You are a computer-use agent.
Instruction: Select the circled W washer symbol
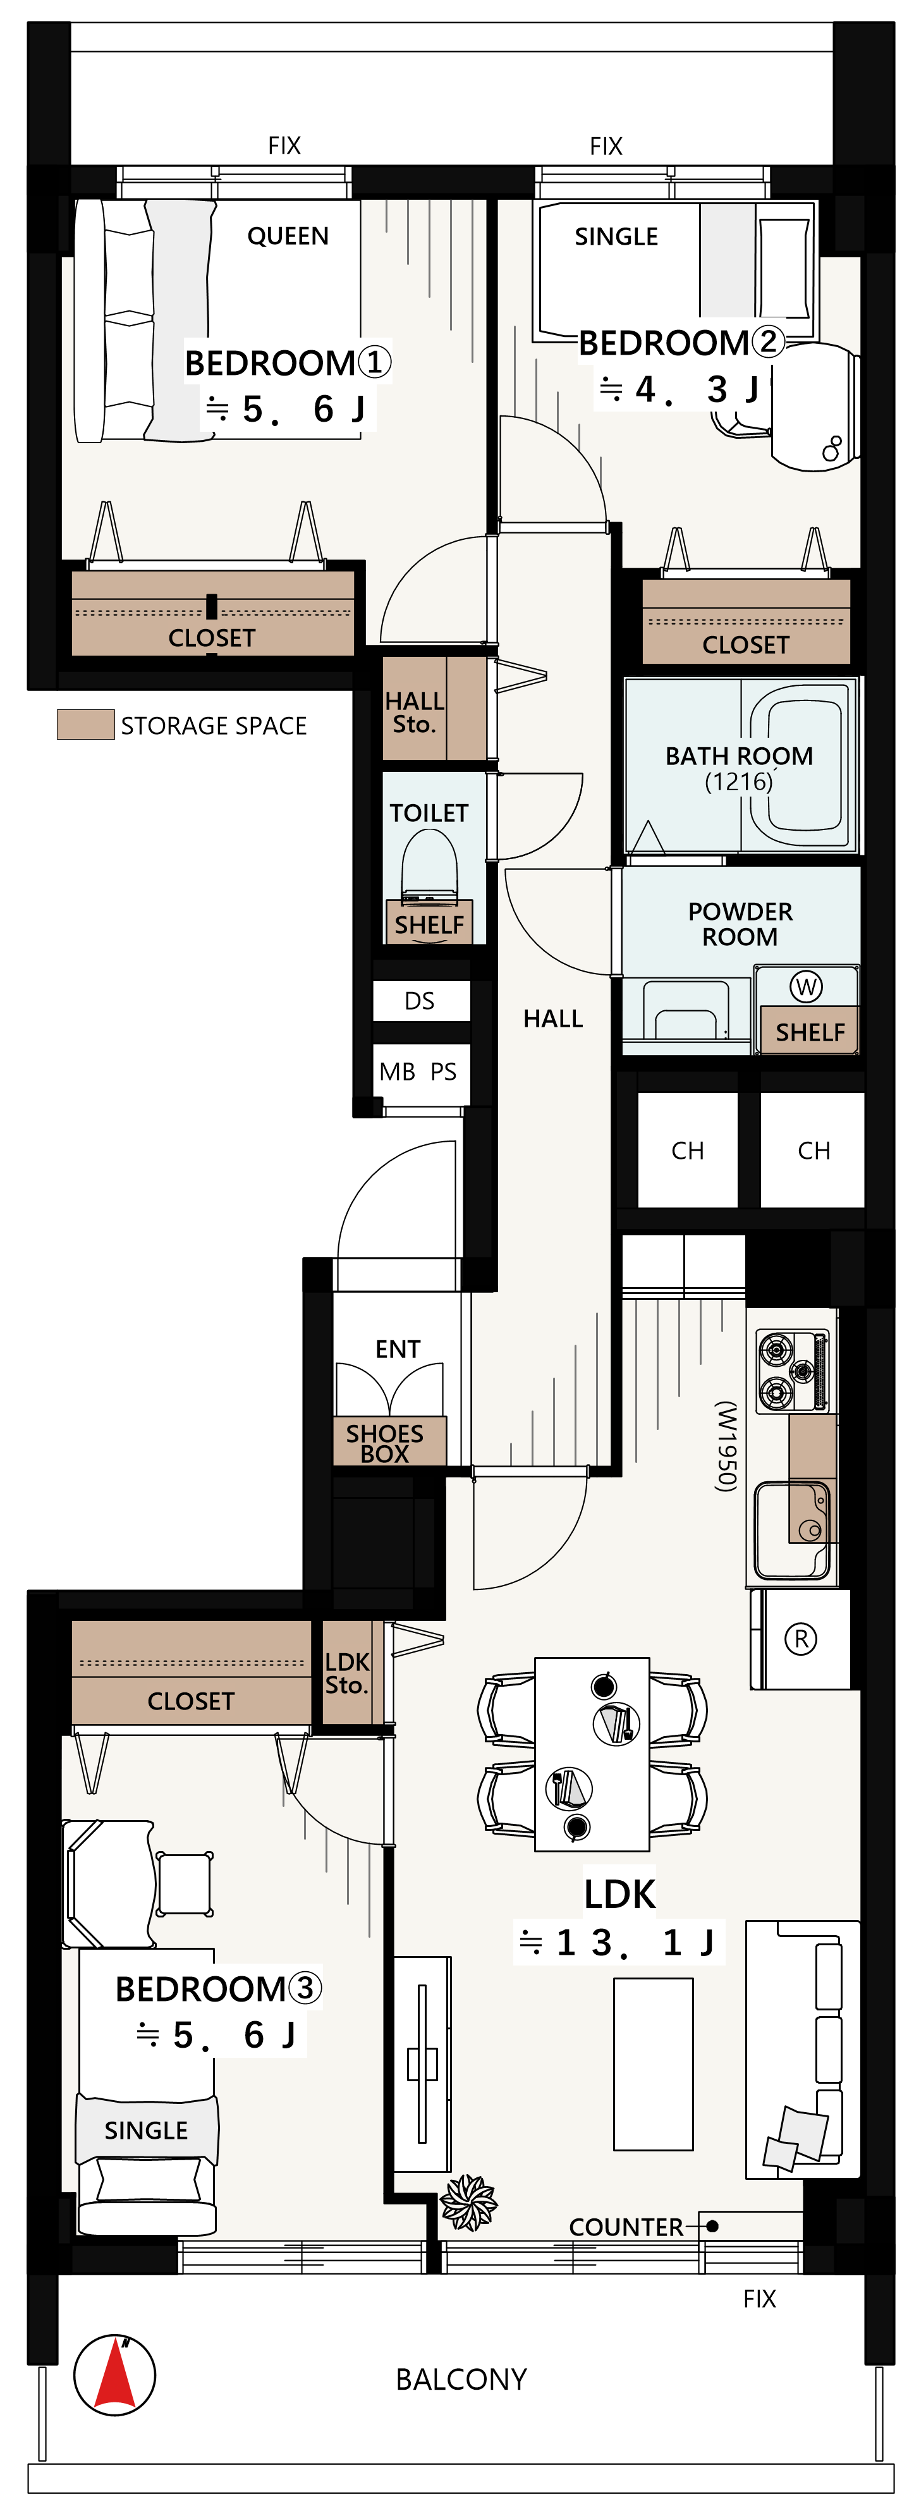coord(806,986)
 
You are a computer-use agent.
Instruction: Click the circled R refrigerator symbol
coord(801,1639)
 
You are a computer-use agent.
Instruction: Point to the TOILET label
coord(429,812)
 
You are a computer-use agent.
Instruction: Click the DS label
coord(420,1001)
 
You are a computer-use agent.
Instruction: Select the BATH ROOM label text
coord(740,756)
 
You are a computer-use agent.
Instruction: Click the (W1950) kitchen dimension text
coord(726,1446)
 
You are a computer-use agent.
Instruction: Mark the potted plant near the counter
coord(468,2203)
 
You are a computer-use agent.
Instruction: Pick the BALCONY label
coord(461,2380)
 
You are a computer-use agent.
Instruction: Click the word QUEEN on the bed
coord(288,236)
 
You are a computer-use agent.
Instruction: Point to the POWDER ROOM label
coord(740,924)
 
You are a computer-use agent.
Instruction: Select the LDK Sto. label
coord(347,1673)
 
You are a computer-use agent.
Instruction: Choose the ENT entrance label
coord(398,1349)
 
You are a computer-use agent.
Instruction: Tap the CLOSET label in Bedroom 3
coord(191,1701)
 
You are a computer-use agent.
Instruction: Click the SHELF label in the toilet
coord(429,925)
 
